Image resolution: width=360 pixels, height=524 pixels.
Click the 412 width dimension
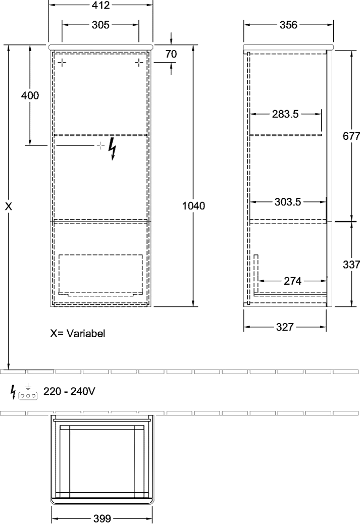[x=100, y=5]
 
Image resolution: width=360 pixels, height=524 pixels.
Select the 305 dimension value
[x=100, y=25]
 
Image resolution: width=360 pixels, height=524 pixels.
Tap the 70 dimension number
[x=171, y=54]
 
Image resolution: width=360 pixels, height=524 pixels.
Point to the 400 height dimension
[x=30, y=95]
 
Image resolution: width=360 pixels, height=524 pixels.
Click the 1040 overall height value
[x=193, y=206]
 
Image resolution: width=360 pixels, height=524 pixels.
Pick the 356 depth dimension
[x=288, y=25]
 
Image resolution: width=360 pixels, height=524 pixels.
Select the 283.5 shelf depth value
[x=285, y=114]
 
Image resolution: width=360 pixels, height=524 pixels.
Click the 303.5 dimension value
[x=288, y=202]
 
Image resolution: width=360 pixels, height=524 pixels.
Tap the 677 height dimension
[x=351, y=136]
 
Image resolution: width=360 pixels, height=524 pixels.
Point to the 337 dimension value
[x=351, y=265]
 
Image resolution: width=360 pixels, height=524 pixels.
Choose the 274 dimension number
[x=292, y=281]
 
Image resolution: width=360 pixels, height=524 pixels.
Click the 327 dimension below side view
[x=285, y=327]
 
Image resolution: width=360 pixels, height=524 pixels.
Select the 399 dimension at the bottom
[x=101, y=518]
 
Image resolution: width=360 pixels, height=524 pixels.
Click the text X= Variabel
[x=78, y=333]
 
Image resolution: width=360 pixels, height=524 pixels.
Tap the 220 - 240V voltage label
[x=69, y=391]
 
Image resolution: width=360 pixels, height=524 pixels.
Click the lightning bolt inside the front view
[x=113, y=149]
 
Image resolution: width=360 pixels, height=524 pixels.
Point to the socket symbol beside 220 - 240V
[x=28, y=392]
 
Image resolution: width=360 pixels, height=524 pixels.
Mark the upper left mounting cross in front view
[x=62, y=63]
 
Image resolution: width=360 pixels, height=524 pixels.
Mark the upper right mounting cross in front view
[x=139, y=63]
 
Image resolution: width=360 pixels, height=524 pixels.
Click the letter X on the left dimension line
[x=9, y=206]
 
